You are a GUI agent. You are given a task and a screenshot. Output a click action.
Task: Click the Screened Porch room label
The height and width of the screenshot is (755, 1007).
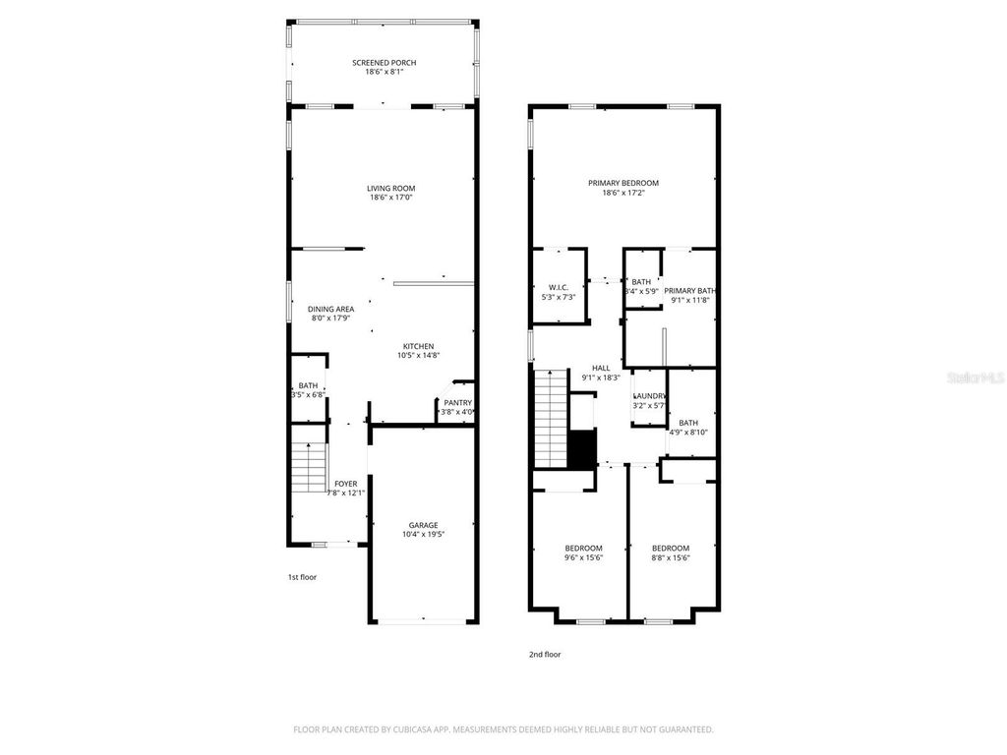click(x=385, y=63)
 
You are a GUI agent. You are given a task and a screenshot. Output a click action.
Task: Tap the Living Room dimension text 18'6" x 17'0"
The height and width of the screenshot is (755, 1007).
click(x=391, y=198)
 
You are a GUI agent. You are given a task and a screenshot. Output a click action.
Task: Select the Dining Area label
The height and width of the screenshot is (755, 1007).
click(x=332, y=309)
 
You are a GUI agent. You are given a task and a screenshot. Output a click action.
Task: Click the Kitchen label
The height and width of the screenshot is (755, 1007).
click(x=418, y=346)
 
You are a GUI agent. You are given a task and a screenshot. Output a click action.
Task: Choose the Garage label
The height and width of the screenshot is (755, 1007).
click(x=424, y=525)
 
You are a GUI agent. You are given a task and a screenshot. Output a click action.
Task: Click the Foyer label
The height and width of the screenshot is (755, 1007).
click(x=346, y=484)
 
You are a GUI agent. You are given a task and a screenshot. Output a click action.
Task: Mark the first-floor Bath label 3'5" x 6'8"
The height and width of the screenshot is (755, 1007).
click(x=308, y=385)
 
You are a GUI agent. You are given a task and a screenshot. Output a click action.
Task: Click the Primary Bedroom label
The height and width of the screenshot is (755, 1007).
click(x=623, y=183)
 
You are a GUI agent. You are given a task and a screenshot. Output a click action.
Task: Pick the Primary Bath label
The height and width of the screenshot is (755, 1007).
click(x=689, y=291)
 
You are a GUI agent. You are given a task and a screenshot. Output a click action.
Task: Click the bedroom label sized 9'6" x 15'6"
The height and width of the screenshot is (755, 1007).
click(x=583, y=549)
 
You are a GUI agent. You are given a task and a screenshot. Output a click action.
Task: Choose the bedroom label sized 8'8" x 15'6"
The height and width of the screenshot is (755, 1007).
click(x=671, y=549)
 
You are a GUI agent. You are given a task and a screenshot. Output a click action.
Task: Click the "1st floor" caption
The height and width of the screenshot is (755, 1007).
click(x=302, y=577)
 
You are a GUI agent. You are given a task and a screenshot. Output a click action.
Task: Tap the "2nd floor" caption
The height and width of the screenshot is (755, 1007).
click(x=546, y=654)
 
